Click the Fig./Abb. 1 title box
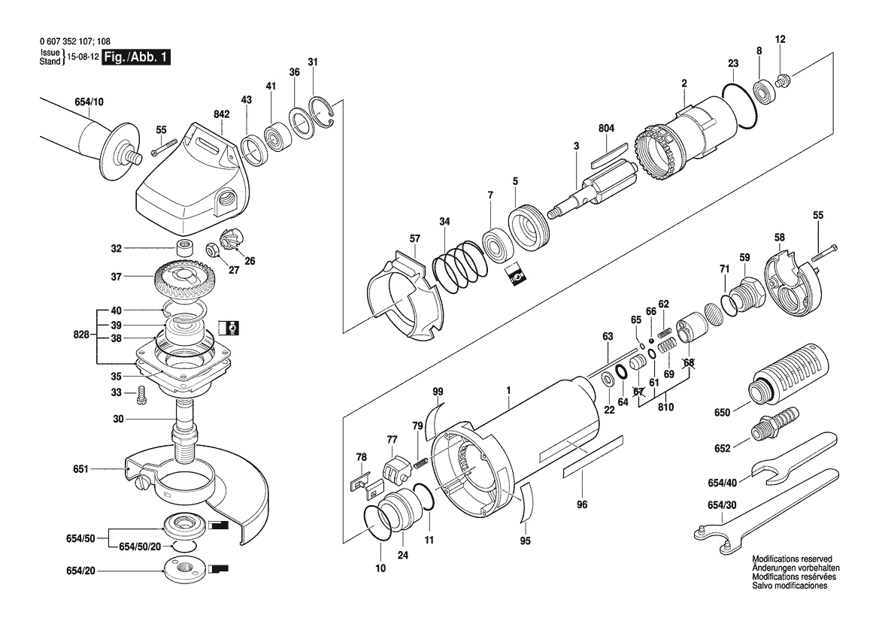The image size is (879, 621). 136,57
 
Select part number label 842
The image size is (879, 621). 221,114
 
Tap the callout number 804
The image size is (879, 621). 606,129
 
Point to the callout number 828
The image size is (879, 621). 81,335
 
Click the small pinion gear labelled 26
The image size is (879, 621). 230,242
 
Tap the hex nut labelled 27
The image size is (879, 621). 214,249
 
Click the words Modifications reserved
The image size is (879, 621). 792,559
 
